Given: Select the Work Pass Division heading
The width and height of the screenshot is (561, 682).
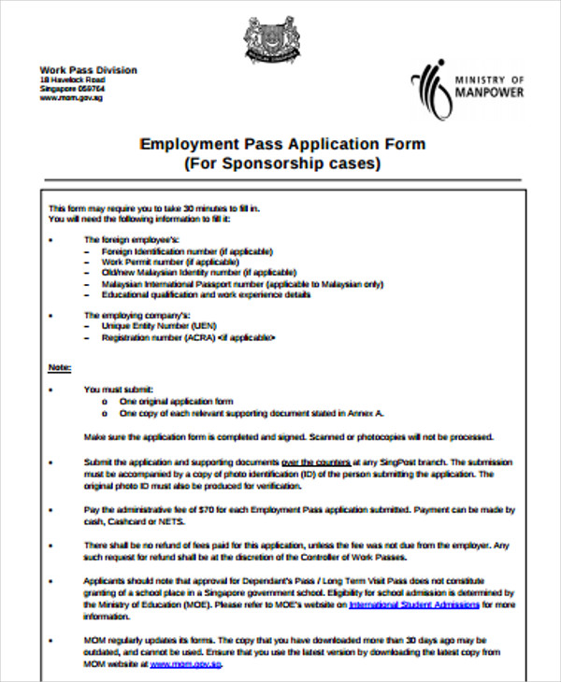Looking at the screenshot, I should pos(88,70).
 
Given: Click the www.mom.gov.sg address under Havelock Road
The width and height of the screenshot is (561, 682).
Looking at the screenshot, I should pos(71,97).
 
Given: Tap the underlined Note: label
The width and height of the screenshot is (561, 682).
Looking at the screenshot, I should pos(60,367).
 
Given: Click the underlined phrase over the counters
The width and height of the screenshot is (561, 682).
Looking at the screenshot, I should pos(316,462).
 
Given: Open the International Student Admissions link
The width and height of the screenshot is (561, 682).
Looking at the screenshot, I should pos(414,604).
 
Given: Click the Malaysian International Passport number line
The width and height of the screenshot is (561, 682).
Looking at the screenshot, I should pos(242,283).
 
